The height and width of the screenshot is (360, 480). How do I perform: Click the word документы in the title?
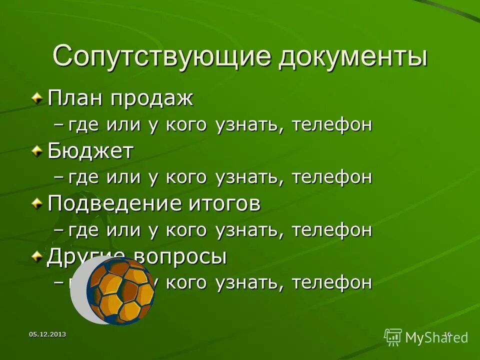(x=353, y=56)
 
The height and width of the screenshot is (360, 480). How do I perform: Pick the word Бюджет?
(x=90, y=151)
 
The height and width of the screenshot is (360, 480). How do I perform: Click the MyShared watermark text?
(x=436, y=338)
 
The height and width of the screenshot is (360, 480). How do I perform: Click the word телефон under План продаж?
(x=332, y=125)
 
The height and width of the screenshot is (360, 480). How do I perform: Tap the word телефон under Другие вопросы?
(x=332, y=283)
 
